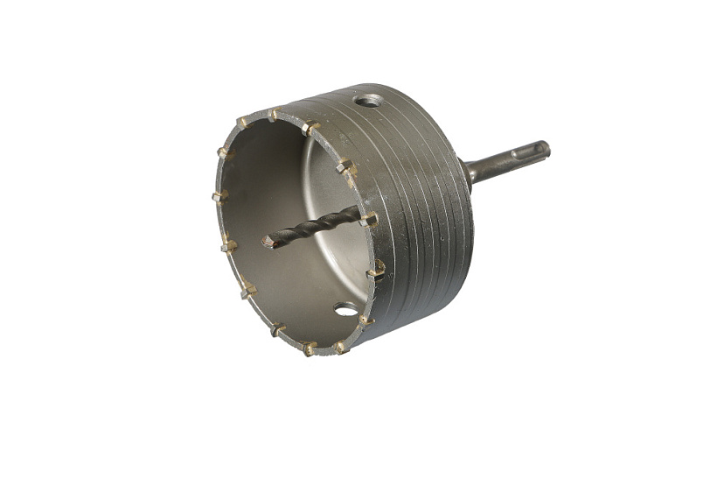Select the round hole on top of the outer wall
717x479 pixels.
pos(369,101)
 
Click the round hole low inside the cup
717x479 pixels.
pos(345,309)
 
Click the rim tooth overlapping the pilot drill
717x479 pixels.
pos(369,219)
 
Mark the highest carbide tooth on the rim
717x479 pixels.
pos(273,114)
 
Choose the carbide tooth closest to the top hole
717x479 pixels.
pos(310,128)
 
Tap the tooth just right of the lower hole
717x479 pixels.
pos(366,321)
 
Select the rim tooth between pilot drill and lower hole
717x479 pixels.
pos(376,271)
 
